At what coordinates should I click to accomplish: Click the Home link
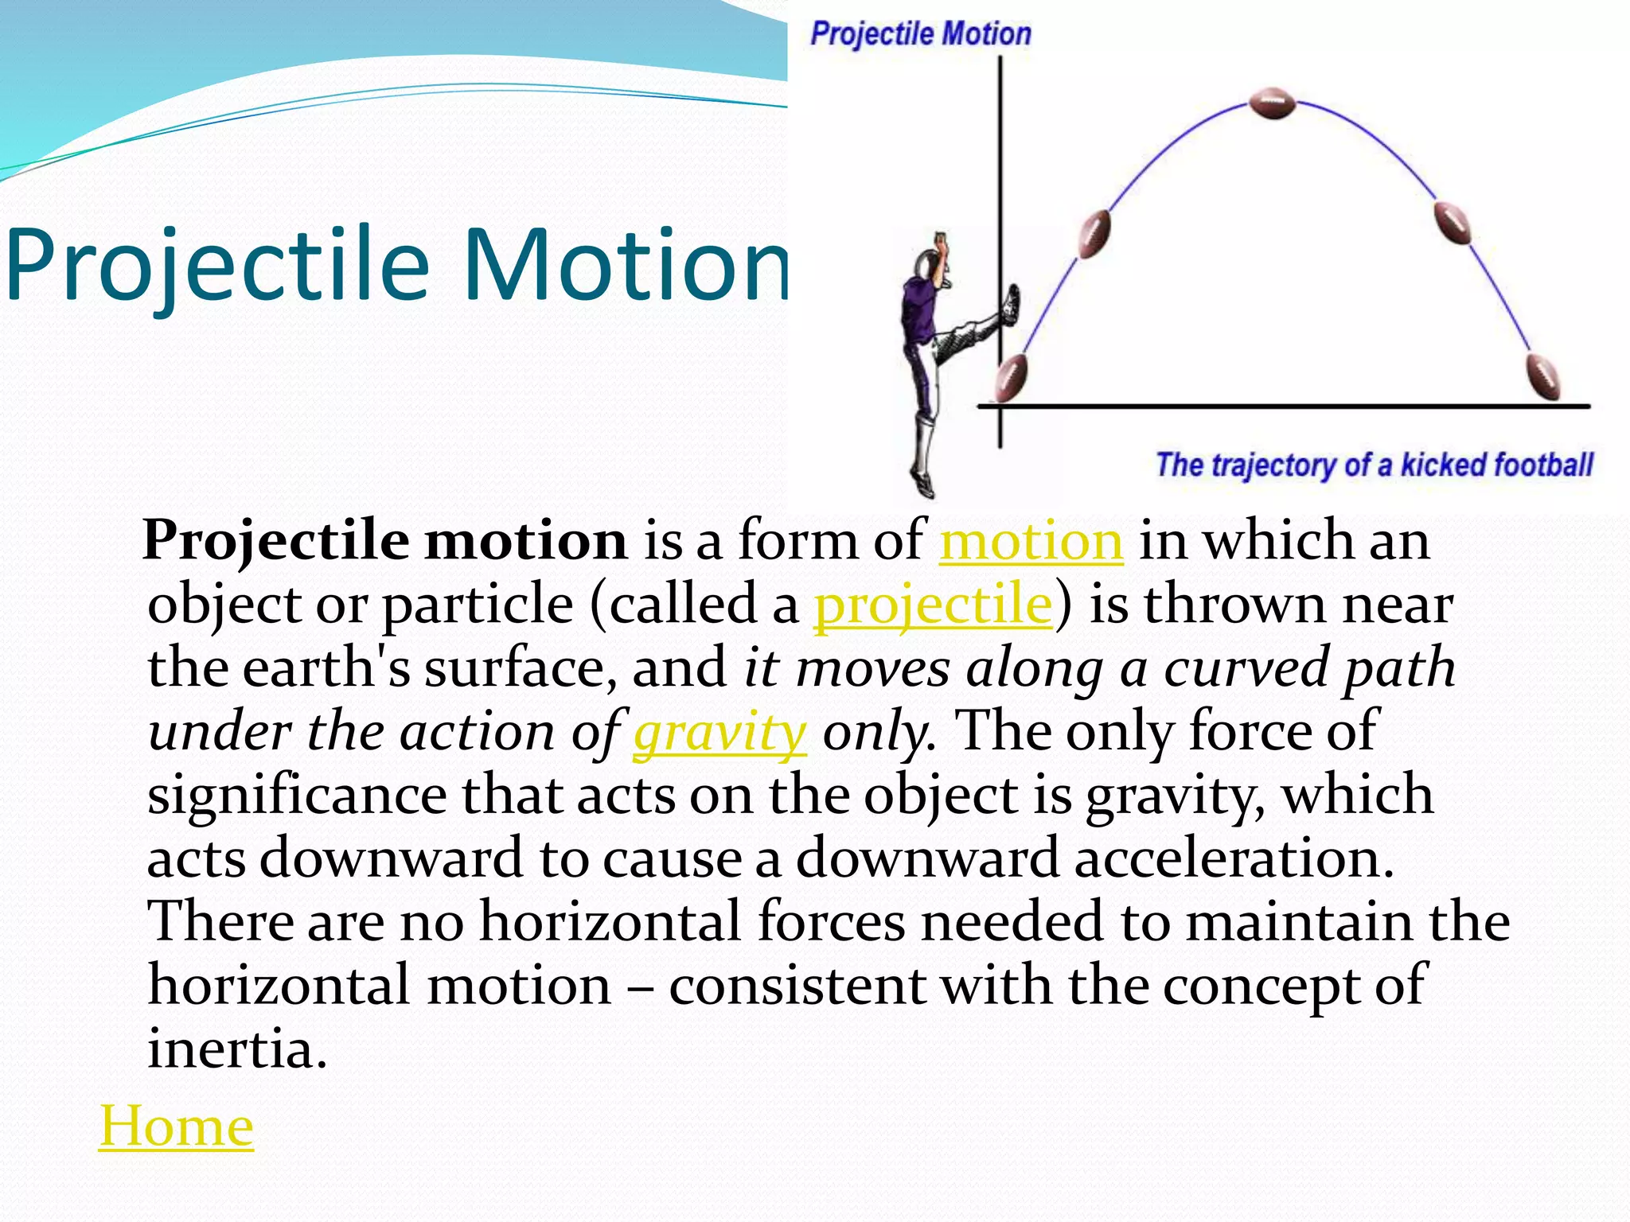point(176,1126)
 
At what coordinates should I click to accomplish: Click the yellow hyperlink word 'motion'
point(1031,541)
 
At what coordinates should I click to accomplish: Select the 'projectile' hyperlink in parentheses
point(933,604)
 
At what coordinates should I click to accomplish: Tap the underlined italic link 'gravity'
point(719,731)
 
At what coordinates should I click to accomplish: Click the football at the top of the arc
point(1272,103)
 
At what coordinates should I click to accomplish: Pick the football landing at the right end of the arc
point(1542,376)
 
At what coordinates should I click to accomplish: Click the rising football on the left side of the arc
point(1094,233)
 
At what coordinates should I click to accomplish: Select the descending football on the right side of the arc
point(1452,223)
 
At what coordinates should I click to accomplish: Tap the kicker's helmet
point(926,264)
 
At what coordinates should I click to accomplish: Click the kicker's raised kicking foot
point(1010,305)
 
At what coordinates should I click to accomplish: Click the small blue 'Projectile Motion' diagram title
point(920,34)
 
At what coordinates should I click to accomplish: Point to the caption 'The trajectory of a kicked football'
point(1374,465)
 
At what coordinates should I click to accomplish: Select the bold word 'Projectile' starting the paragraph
point(275,541)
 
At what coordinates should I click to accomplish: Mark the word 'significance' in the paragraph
point(297,795)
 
